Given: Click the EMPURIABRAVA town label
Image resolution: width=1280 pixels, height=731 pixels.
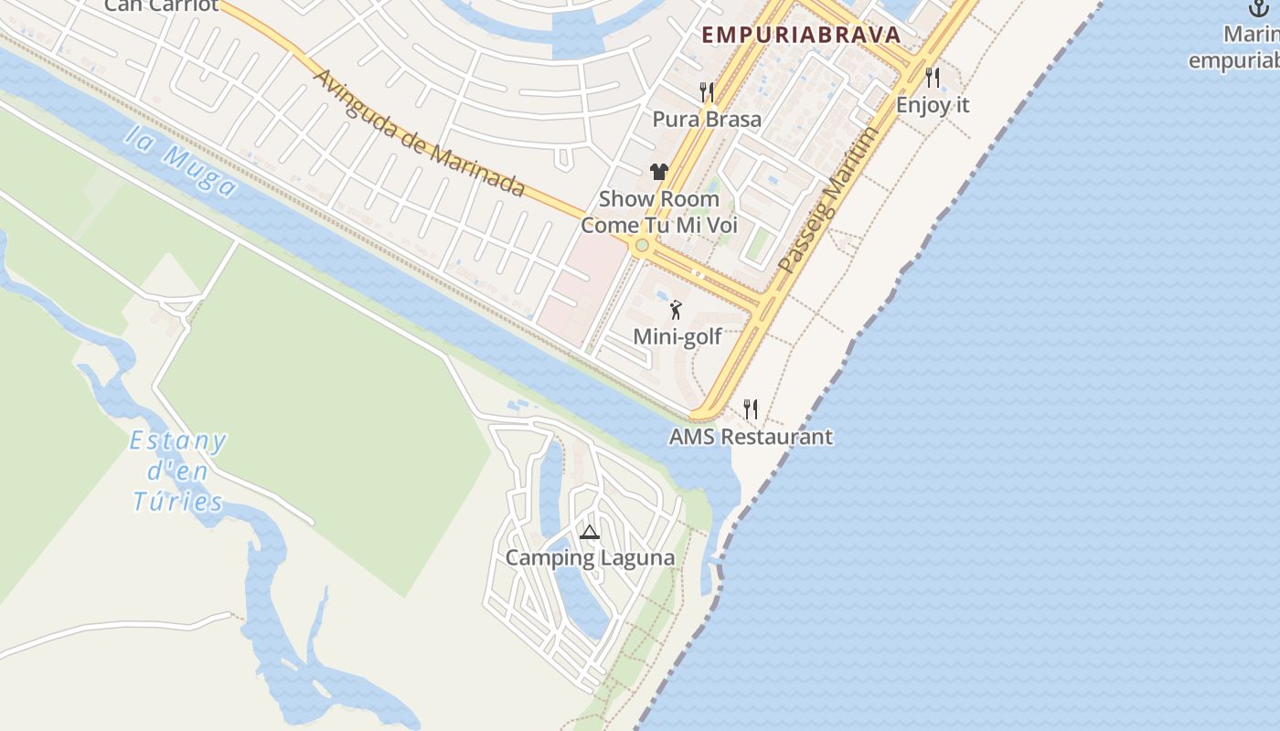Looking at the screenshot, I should click(801, 36).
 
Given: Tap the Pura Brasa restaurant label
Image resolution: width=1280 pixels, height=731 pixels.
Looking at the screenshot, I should click(707, 119).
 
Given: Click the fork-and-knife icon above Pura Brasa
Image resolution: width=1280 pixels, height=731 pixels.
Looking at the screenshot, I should click(707, 91).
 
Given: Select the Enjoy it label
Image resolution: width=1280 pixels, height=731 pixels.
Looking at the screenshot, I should click(933, 105).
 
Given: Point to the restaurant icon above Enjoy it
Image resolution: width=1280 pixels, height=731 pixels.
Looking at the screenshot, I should click(933, 77).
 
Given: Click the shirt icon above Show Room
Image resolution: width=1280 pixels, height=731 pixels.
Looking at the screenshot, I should click(659, 171).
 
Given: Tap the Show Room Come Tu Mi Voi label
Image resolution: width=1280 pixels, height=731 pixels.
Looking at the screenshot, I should click(659, 212).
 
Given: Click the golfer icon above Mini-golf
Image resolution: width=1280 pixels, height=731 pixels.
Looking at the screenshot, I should click(677, 310).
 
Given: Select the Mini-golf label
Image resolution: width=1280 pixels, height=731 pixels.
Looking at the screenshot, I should click(677, 336).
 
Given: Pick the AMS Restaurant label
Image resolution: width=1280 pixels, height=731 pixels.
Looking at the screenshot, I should click(751, 437).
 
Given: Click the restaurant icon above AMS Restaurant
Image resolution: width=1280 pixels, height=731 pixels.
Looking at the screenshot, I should click(751, 408).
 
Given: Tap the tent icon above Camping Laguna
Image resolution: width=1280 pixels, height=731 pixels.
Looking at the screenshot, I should click(590, 532).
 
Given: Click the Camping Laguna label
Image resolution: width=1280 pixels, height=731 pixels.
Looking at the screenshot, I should click(590, 557).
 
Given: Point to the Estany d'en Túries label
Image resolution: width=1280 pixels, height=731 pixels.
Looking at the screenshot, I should click(178, 471).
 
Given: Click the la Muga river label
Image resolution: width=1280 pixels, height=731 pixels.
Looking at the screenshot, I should click(180, 163).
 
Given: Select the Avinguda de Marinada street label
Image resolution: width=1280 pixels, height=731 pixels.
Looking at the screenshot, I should click(419, 132).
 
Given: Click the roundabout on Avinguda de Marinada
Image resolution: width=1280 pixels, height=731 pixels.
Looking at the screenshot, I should click(642, 245).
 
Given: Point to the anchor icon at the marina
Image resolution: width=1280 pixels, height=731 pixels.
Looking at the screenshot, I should click(1259, 8).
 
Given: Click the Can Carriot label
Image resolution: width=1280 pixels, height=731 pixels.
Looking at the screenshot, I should click(161, 5).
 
